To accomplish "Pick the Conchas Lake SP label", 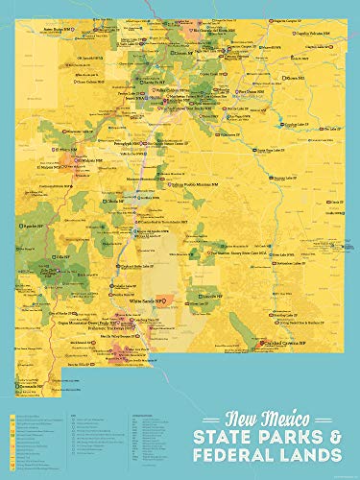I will tap(289, 124).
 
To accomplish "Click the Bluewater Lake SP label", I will tap(48, 127).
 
